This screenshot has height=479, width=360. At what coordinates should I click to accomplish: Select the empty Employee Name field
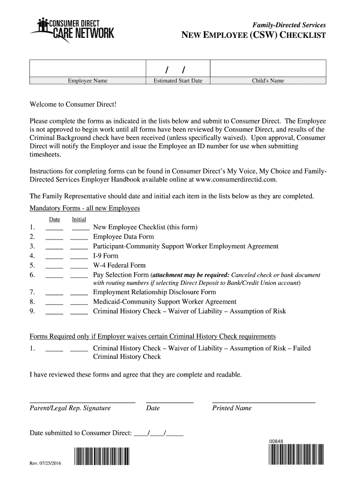[88, 68]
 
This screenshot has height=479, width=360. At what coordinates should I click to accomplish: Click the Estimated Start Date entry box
[178, 69]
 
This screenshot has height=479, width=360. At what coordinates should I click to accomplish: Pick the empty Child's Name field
[268, 68]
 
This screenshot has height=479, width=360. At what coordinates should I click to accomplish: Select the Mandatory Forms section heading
[85, 208]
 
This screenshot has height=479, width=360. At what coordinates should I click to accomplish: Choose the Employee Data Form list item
[123, 237]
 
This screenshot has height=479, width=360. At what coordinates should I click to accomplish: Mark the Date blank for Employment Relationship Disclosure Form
[54, 293]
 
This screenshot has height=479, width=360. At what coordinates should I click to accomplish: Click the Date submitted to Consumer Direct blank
[158, 433]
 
